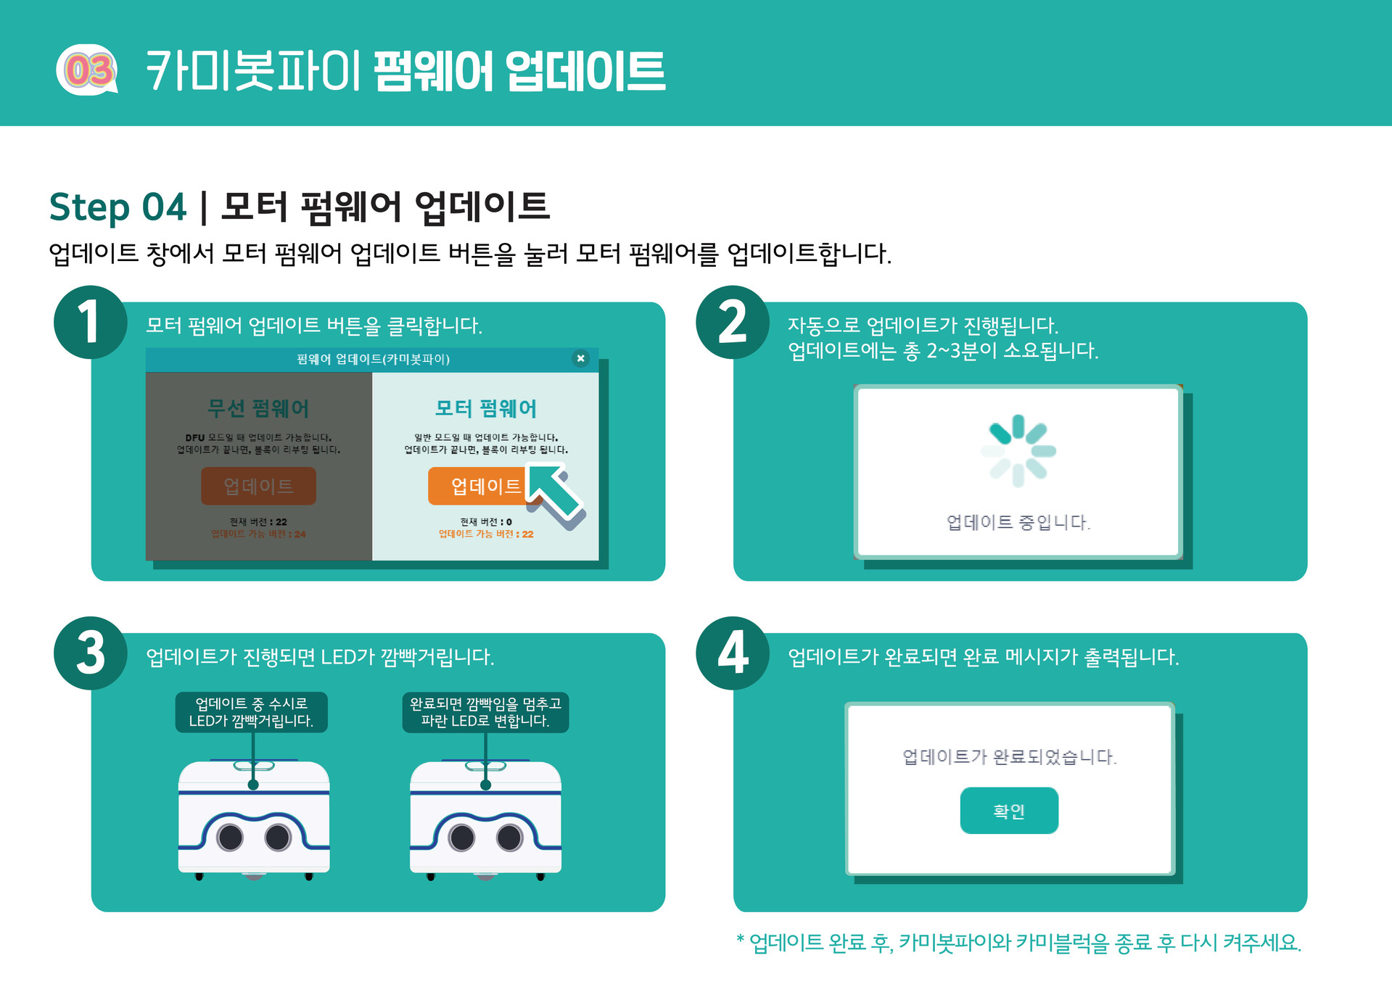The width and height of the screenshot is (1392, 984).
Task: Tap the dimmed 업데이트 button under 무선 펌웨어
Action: click(258, 486)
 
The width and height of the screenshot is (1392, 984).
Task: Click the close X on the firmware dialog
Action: click(580, 358)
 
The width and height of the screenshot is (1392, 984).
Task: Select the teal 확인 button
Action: click(1008, 811)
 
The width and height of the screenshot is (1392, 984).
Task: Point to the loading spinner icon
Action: click(1018, 450)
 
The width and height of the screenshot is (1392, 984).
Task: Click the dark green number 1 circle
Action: click(90, 323)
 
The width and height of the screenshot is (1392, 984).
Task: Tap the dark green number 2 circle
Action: click(732, 323)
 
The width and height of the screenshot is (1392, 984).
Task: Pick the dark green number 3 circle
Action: click(90, 653)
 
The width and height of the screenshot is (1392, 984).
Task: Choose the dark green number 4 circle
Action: click(732, 653)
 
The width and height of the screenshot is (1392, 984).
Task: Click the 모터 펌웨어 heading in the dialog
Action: click(485, 408)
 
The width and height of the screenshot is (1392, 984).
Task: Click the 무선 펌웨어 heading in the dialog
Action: click(258, 408)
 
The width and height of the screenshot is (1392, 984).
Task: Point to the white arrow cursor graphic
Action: click(556, 495)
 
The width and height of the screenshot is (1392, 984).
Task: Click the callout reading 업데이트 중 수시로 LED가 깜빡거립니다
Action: click(251, 712)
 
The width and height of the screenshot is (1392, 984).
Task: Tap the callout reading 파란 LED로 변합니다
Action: click(485, 712)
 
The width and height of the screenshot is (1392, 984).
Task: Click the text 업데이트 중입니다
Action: click(1018, 522)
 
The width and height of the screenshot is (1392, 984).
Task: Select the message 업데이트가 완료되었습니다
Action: click(1009, 757)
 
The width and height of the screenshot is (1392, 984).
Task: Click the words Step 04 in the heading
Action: click(118, 207)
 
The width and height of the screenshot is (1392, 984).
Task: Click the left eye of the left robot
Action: click(231, 838)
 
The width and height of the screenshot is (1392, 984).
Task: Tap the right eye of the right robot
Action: click(509, 838)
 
